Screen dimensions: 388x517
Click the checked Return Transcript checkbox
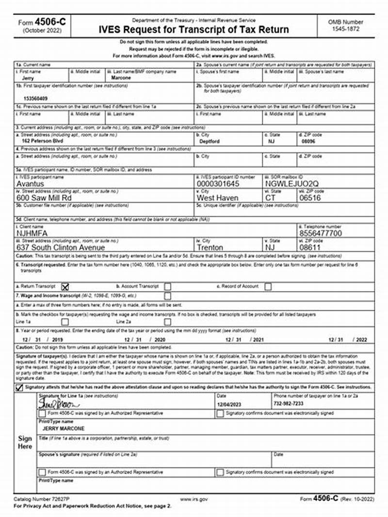click(65, 286)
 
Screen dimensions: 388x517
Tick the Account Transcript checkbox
click(167, 286)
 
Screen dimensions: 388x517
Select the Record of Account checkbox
click(268, 286)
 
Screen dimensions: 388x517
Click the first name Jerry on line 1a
click(28, 78)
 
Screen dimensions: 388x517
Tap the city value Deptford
click(210, 142)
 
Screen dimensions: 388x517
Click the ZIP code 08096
click(308, 142)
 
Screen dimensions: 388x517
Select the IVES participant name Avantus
click(30, 184)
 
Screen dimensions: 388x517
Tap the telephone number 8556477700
click(321, 233)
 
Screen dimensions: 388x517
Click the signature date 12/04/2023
click(229, 404)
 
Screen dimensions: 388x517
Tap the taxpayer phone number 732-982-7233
click(290, 404)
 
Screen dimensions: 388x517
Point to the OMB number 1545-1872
click(345, 29)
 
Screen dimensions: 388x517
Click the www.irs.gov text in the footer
click(194, 499)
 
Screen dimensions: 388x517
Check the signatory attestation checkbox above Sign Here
click(19, 388)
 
